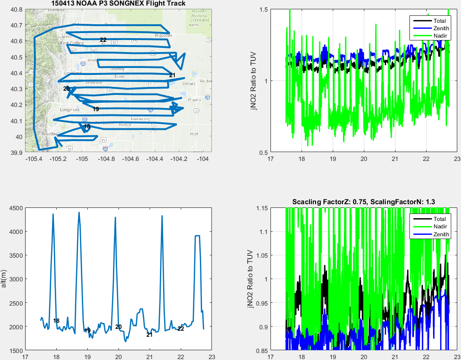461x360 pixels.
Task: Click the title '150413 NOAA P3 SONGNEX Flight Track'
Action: point(119,4)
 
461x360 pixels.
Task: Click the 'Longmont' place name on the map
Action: point(70,110)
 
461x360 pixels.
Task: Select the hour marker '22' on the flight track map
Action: point(103,40)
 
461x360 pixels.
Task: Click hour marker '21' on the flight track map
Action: point(172,75)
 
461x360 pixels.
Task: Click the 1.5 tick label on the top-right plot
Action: point(263,9)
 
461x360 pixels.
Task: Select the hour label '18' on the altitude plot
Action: point(56,321)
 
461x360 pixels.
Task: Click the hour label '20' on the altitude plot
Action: point(119,327)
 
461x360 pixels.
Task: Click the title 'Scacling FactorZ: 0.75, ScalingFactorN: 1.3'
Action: point(363,201)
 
